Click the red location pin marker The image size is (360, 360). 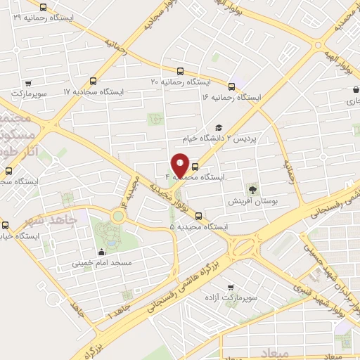click(x=181, y=165)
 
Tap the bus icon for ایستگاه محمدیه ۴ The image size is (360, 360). click(x=195, y=167)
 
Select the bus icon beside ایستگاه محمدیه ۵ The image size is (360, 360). click(x=198, y=216)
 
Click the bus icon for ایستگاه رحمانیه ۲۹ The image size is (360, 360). click(x=44, y=8)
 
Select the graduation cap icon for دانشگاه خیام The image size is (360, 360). click(x=219, y=127)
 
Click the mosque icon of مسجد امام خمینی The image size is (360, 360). click(x=102, y=252)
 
